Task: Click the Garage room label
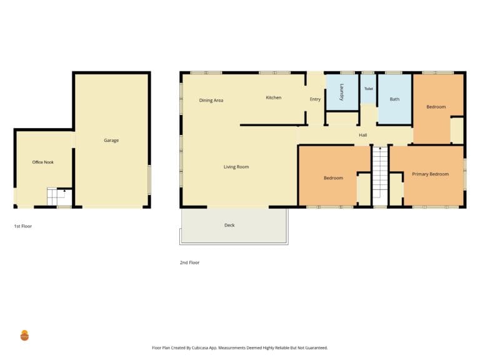[111, 140]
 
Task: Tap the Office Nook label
[43, 162]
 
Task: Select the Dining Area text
[211, 101]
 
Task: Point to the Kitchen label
[274, 97]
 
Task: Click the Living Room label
[236, 167]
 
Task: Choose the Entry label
[315, 99]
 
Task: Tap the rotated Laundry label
[342, 92]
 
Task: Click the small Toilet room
[368, 89]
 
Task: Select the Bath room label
[394, 99]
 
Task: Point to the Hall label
[363, 135]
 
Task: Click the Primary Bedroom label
[431, 174]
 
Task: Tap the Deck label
[229, 225]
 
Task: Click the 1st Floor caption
[23, 226]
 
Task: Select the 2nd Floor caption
[190, 262]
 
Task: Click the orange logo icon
[24, 336]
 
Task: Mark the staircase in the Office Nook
[59, 196]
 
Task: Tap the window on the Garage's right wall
[149, 180]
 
